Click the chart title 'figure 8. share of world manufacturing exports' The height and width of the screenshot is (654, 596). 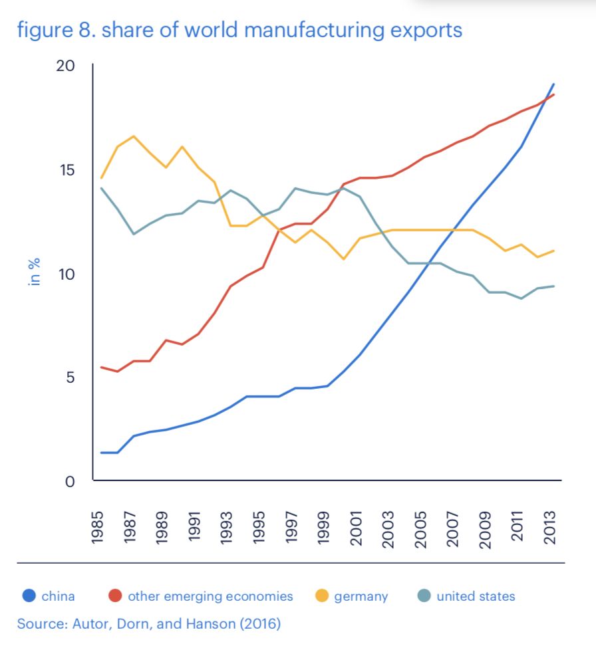[239, 30]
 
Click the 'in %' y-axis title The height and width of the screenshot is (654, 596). [35, 272]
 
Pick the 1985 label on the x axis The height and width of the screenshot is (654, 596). [100, 528]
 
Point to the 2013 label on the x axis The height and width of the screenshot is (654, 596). [550, 528]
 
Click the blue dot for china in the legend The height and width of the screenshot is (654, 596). [29, 596]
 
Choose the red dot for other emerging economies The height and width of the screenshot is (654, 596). [115, 596]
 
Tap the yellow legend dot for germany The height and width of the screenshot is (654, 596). [321, 596]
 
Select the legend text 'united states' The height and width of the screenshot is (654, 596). [476, 596]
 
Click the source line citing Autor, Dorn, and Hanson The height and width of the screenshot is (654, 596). [149, 624]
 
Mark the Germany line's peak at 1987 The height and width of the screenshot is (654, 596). [133, 136]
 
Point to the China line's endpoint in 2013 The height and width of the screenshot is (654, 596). [554, 84]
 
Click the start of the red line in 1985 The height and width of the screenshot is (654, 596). [101, 367]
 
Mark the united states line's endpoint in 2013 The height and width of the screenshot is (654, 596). [554, 286]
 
